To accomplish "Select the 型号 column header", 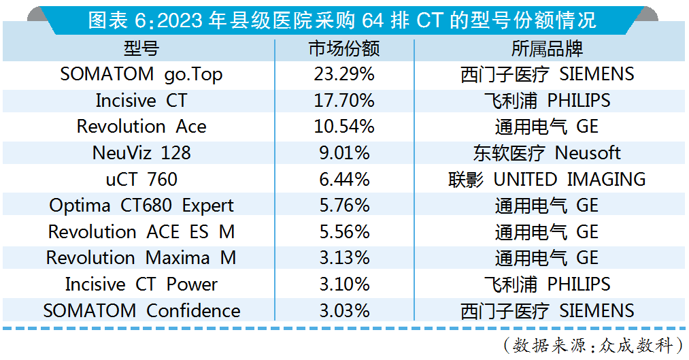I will tap(141, 49).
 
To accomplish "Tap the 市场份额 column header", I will tap(344, 49).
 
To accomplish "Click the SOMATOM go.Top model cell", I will tap(141, 74).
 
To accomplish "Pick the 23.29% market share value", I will tap(344, 74).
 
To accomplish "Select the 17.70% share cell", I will tap(344, 101).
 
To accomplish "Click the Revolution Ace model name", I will tap(141, 127).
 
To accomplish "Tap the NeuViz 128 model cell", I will tap(141, 153).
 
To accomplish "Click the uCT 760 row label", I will tap(141, 180).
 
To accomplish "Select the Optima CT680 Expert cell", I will tap(141, 206).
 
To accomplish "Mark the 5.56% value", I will tap(344, 232).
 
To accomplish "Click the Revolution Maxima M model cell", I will tap(141, 258).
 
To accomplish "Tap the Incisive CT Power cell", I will tap(141, 284).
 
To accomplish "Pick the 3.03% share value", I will tap(344, 311).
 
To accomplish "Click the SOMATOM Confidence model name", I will tap(141, 311).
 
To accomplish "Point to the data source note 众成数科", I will tap(592, 345).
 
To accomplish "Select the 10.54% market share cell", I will tap(344, 127).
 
